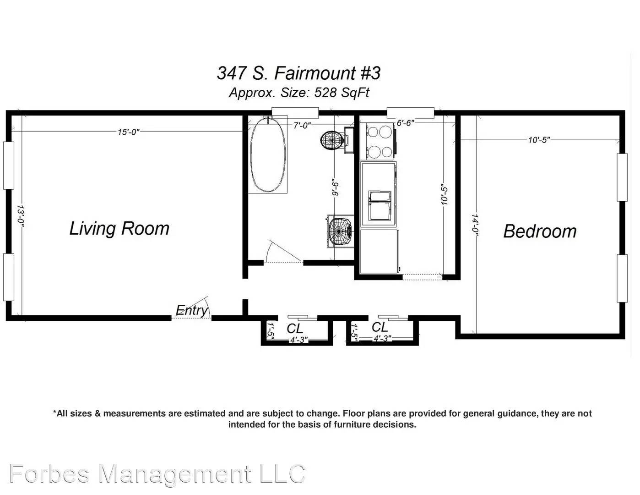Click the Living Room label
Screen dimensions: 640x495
(x=119, y=229)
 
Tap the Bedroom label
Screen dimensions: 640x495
(x=540, y=231)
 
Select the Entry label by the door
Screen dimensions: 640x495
(x=192, y=310)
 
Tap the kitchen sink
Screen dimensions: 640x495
(x=380, y=205)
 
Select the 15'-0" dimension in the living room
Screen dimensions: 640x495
(x=129, y=132)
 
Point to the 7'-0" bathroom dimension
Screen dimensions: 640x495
(x=302, y=126)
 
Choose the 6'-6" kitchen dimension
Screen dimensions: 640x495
(x=406, y=123)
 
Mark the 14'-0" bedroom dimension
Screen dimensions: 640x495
(x=474, y=225)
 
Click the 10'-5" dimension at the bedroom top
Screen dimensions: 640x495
(x=539, y=140)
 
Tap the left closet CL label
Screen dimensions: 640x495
(x=295, y=329)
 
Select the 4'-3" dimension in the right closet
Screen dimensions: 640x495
(x=382, y=338)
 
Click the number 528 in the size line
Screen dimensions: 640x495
(x=325, y=93)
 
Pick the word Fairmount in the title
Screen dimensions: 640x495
(x=315, y=73)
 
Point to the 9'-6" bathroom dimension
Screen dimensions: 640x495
(x=336, y=187)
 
